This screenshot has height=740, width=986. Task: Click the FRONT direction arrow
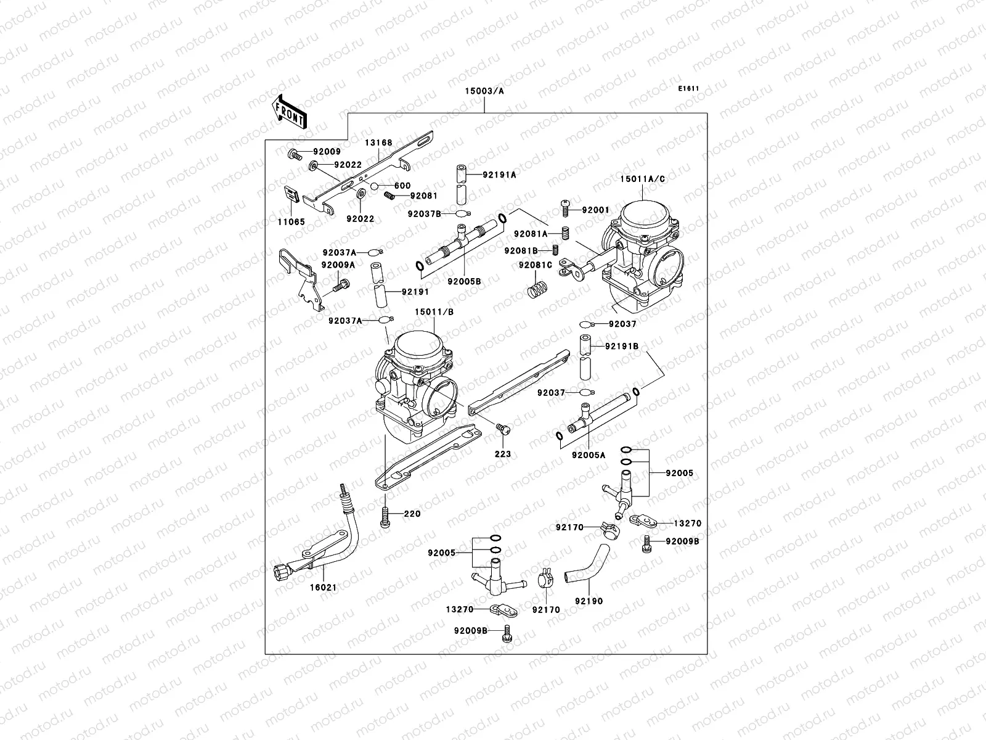point(290,111)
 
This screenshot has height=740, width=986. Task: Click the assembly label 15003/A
point(484,91)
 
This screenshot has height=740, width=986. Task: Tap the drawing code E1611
point(688,89)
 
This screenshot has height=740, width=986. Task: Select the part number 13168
point(378,142)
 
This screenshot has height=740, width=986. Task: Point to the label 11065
point(291,221)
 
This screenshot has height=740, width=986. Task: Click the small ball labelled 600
point(374,186)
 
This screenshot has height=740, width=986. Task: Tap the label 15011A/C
point(642,179)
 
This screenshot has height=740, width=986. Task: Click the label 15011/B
point(434,312)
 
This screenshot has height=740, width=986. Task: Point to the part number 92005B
point(464,281)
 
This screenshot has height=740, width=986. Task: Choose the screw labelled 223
point(503,428)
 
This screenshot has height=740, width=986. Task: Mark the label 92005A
point(589,455)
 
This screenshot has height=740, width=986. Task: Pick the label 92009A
point(338,265)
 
